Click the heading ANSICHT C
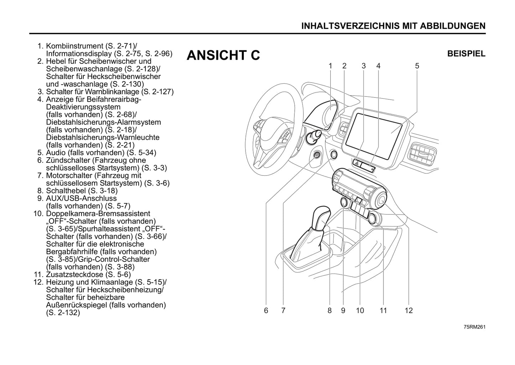[x=223, y=55]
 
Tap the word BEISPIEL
[x=466, y=54]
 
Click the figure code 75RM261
[x=474, y=327]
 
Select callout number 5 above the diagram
[x=417, y=66]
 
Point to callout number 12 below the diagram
[x=409, y=310]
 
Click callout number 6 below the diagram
[x=266, y=310]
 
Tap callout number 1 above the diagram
[x=330, y=66]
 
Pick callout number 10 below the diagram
[x=360, y=310]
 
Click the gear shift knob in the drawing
[x=321, y=218]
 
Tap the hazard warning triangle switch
[x=357, y=163]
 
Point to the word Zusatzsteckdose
[x=74, y=275]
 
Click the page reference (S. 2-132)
[x=63, y=313]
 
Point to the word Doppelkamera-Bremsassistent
[x=98, y=214]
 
